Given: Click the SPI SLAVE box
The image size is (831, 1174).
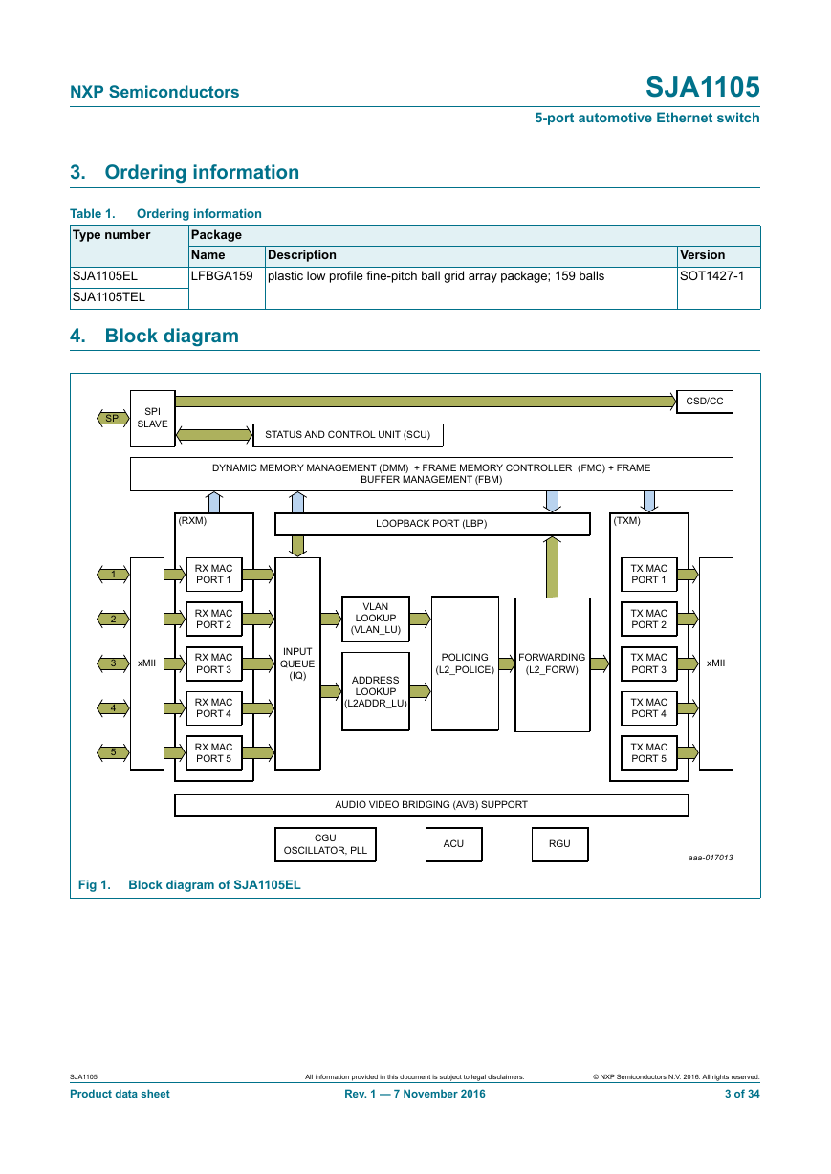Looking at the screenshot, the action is (x=152, y=418).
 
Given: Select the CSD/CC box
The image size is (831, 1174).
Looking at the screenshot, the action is (x=704, y=402).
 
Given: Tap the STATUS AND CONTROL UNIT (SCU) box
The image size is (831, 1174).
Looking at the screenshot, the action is (x=347, y=435).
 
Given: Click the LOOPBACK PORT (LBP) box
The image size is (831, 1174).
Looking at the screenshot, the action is (x=432, y=524).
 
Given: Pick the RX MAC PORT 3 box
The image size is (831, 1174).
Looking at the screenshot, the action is (x=214, y=663).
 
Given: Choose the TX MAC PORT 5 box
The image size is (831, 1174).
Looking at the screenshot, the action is (x=648, y=752).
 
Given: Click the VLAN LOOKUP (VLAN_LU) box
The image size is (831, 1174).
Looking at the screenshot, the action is (x=376, y=619).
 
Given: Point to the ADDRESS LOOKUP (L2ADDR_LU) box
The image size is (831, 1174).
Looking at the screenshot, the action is (x=376, y=691).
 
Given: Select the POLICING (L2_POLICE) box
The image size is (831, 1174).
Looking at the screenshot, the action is (x=465, y=663).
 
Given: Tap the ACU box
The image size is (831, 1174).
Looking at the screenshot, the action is (x=453, y=844).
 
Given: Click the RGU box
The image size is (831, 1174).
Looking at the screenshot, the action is (x=559, y=844).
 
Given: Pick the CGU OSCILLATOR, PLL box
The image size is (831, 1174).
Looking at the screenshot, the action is (x=325, y=844).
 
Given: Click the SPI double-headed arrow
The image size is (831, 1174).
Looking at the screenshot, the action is (x=113, y=418).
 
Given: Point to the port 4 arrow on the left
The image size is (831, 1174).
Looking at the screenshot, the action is (x=113, y=708).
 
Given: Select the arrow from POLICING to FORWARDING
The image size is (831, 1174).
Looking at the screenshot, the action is (x=507, y=663).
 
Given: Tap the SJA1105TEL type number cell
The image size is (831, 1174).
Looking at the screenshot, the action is (x=129, y=297).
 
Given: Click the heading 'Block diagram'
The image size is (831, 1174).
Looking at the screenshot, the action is (x=171, y=336).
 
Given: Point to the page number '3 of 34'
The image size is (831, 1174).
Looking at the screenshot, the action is (x=742, y=1094).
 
